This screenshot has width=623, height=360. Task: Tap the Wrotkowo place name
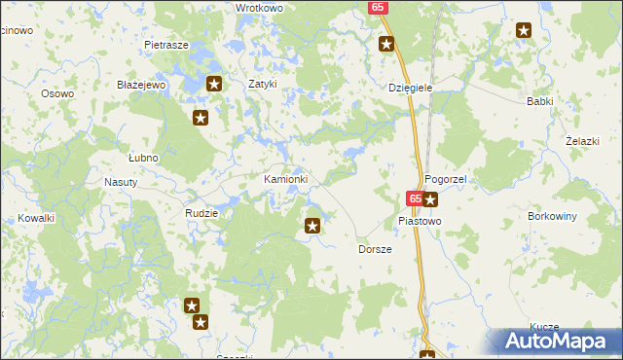click(259, 8)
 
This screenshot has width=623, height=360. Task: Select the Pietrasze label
click(165, 46)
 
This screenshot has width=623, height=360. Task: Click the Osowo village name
click(57, 94)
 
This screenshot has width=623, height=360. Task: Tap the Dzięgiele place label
click(410, 88)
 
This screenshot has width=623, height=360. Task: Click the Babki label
click(539, 101)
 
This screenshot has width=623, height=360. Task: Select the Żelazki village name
click(580, 142)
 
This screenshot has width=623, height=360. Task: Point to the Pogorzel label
click(447, 181)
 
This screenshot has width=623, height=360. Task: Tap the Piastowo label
click(420, 221)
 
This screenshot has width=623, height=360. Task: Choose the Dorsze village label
click(375, 249)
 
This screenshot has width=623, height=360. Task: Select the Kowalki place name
click(36, 218)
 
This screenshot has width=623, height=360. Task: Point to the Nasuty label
click(121, 182)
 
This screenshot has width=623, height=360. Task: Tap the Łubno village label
click(143, 156)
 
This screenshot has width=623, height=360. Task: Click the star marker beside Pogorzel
click(430, 199)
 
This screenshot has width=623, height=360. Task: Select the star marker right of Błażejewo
click(214, 85)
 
